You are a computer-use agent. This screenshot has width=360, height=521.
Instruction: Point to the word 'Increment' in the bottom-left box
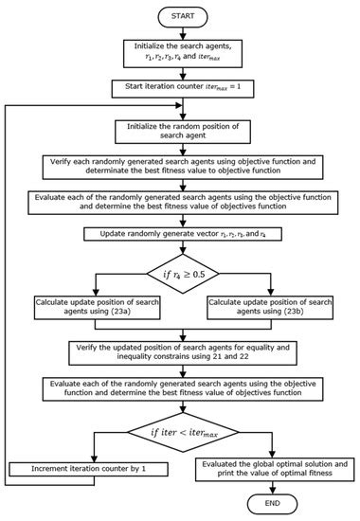pyautogui.click(x=49, y=468)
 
